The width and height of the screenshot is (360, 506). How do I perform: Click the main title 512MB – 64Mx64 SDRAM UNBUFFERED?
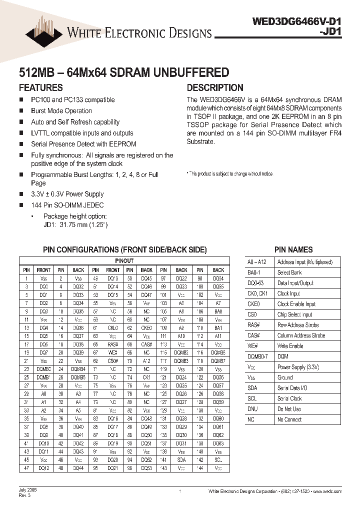123,72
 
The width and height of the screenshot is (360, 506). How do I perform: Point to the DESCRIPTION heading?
215,87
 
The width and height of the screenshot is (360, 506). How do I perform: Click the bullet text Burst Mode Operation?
61,111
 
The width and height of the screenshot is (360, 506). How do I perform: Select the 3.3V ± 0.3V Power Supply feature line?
67,194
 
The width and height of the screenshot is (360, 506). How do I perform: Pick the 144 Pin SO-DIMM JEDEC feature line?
67,205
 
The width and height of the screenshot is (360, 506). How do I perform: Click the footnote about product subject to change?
230,174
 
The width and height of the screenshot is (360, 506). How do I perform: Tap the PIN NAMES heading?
293,249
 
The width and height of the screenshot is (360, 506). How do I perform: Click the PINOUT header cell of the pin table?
124,261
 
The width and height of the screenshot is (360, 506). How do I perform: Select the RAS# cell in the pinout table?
112,344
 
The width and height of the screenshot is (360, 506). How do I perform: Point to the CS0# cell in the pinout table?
112,360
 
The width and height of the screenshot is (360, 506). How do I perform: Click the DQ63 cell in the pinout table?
218,443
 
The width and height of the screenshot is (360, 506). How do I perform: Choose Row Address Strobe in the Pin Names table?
298,325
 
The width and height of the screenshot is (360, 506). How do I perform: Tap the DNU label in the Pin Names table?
253,409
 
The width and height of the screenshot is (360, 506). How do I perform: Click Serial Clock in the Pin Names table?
289,398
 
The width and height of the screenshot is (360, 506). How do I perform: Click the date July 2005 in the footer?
28,490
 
